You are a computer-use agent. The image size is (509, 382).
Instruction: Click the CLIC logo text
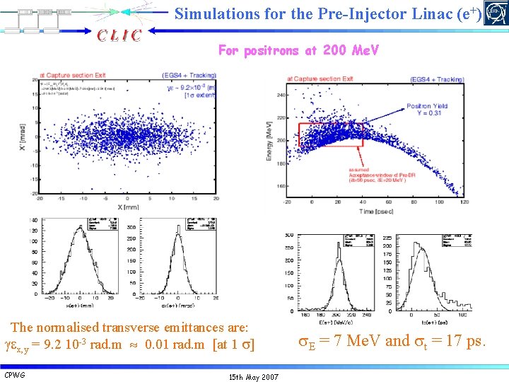click(119, 35)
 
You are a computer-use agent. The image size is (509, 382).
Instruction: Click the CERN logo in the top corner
click(496, 14)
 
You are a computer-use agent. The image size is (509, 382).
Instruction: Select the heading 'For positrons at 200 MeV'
click(298, 51)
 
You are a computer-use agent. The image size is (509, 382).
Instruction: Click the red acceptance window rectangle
click(330, 134)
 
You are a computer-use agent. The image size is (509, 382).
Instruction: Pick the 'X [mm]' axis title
click(128, 207)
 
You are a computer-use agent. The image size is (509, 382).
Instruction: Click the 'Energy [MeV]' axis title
click(269, 144)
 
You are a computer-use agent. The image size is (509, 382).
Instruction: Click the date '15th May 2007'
click(255, 376)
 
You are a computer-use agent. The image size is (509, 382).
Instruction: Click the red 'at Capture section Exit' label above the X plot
click(73, 74)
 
